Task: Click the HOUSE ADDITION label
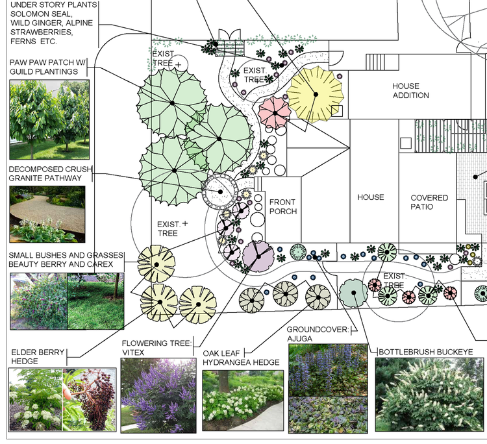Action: click(410, 91)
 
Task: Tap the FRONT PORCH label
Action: click(283, 207)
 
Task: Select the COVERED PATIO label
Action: click(429, 202)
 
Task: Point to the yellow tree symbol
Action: click(315, 94)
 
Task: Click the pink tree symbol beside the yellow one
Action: click(275, 113)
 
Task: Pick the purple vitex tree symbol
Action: click(258, 256)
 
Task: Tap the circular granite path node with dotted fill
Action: click(220, 191)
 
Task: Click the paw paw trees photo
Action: click(49, 119)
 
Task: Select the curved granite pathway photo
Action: click(47, 214)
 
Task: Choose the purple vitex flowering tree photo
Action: click(158, 395)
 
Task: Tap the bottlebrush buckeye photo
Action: click(430, 394)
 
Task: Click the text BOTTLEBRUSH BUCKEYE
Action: click(426, 352)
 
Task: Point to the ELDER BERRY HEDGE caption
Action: click(38, 357)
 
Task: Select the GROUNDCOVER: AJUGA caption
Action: click(318, 334)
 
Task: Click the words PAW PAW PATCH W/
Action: click(47, 62)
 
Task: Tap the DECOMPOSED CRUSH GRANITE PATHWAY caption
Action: click(50, 173)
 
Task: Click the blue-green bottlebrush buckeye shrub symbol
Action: click(353, 293)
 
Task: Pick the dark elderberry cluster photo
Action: click(90, 400)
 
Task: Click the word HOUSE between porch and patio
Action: click(371, 197)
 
